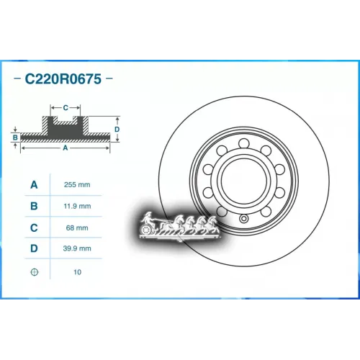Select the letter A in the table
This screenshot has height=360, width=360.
click(x=33, y=184)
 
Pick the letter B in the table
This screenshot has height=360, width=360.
click(x=33, y=206)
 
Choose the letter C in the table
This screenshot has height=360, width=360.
click(x=33, y=228)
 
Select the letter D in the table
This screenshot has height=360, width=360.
click(x=33, y=249)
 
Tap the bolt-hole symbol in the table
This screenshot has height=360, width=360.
click(x=33, y=272)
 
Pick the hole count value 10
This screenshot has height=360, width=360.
click(x=78, y=272)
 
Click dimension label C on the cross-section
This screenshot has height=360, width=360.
click(x=66, y=107)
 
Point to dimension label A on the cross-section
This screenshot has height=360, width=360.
click(x=66, y=148)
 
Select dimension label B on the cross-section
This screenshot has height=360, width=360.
click(x=15, y=135)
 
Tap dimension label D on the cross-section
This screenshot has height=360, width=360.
click(x=117, y=130)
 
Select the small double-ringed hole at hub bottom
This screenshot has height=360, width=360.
click(x=244, y=219)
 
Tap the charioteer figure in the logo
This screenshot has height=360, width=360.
click(x=148, y=218)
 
